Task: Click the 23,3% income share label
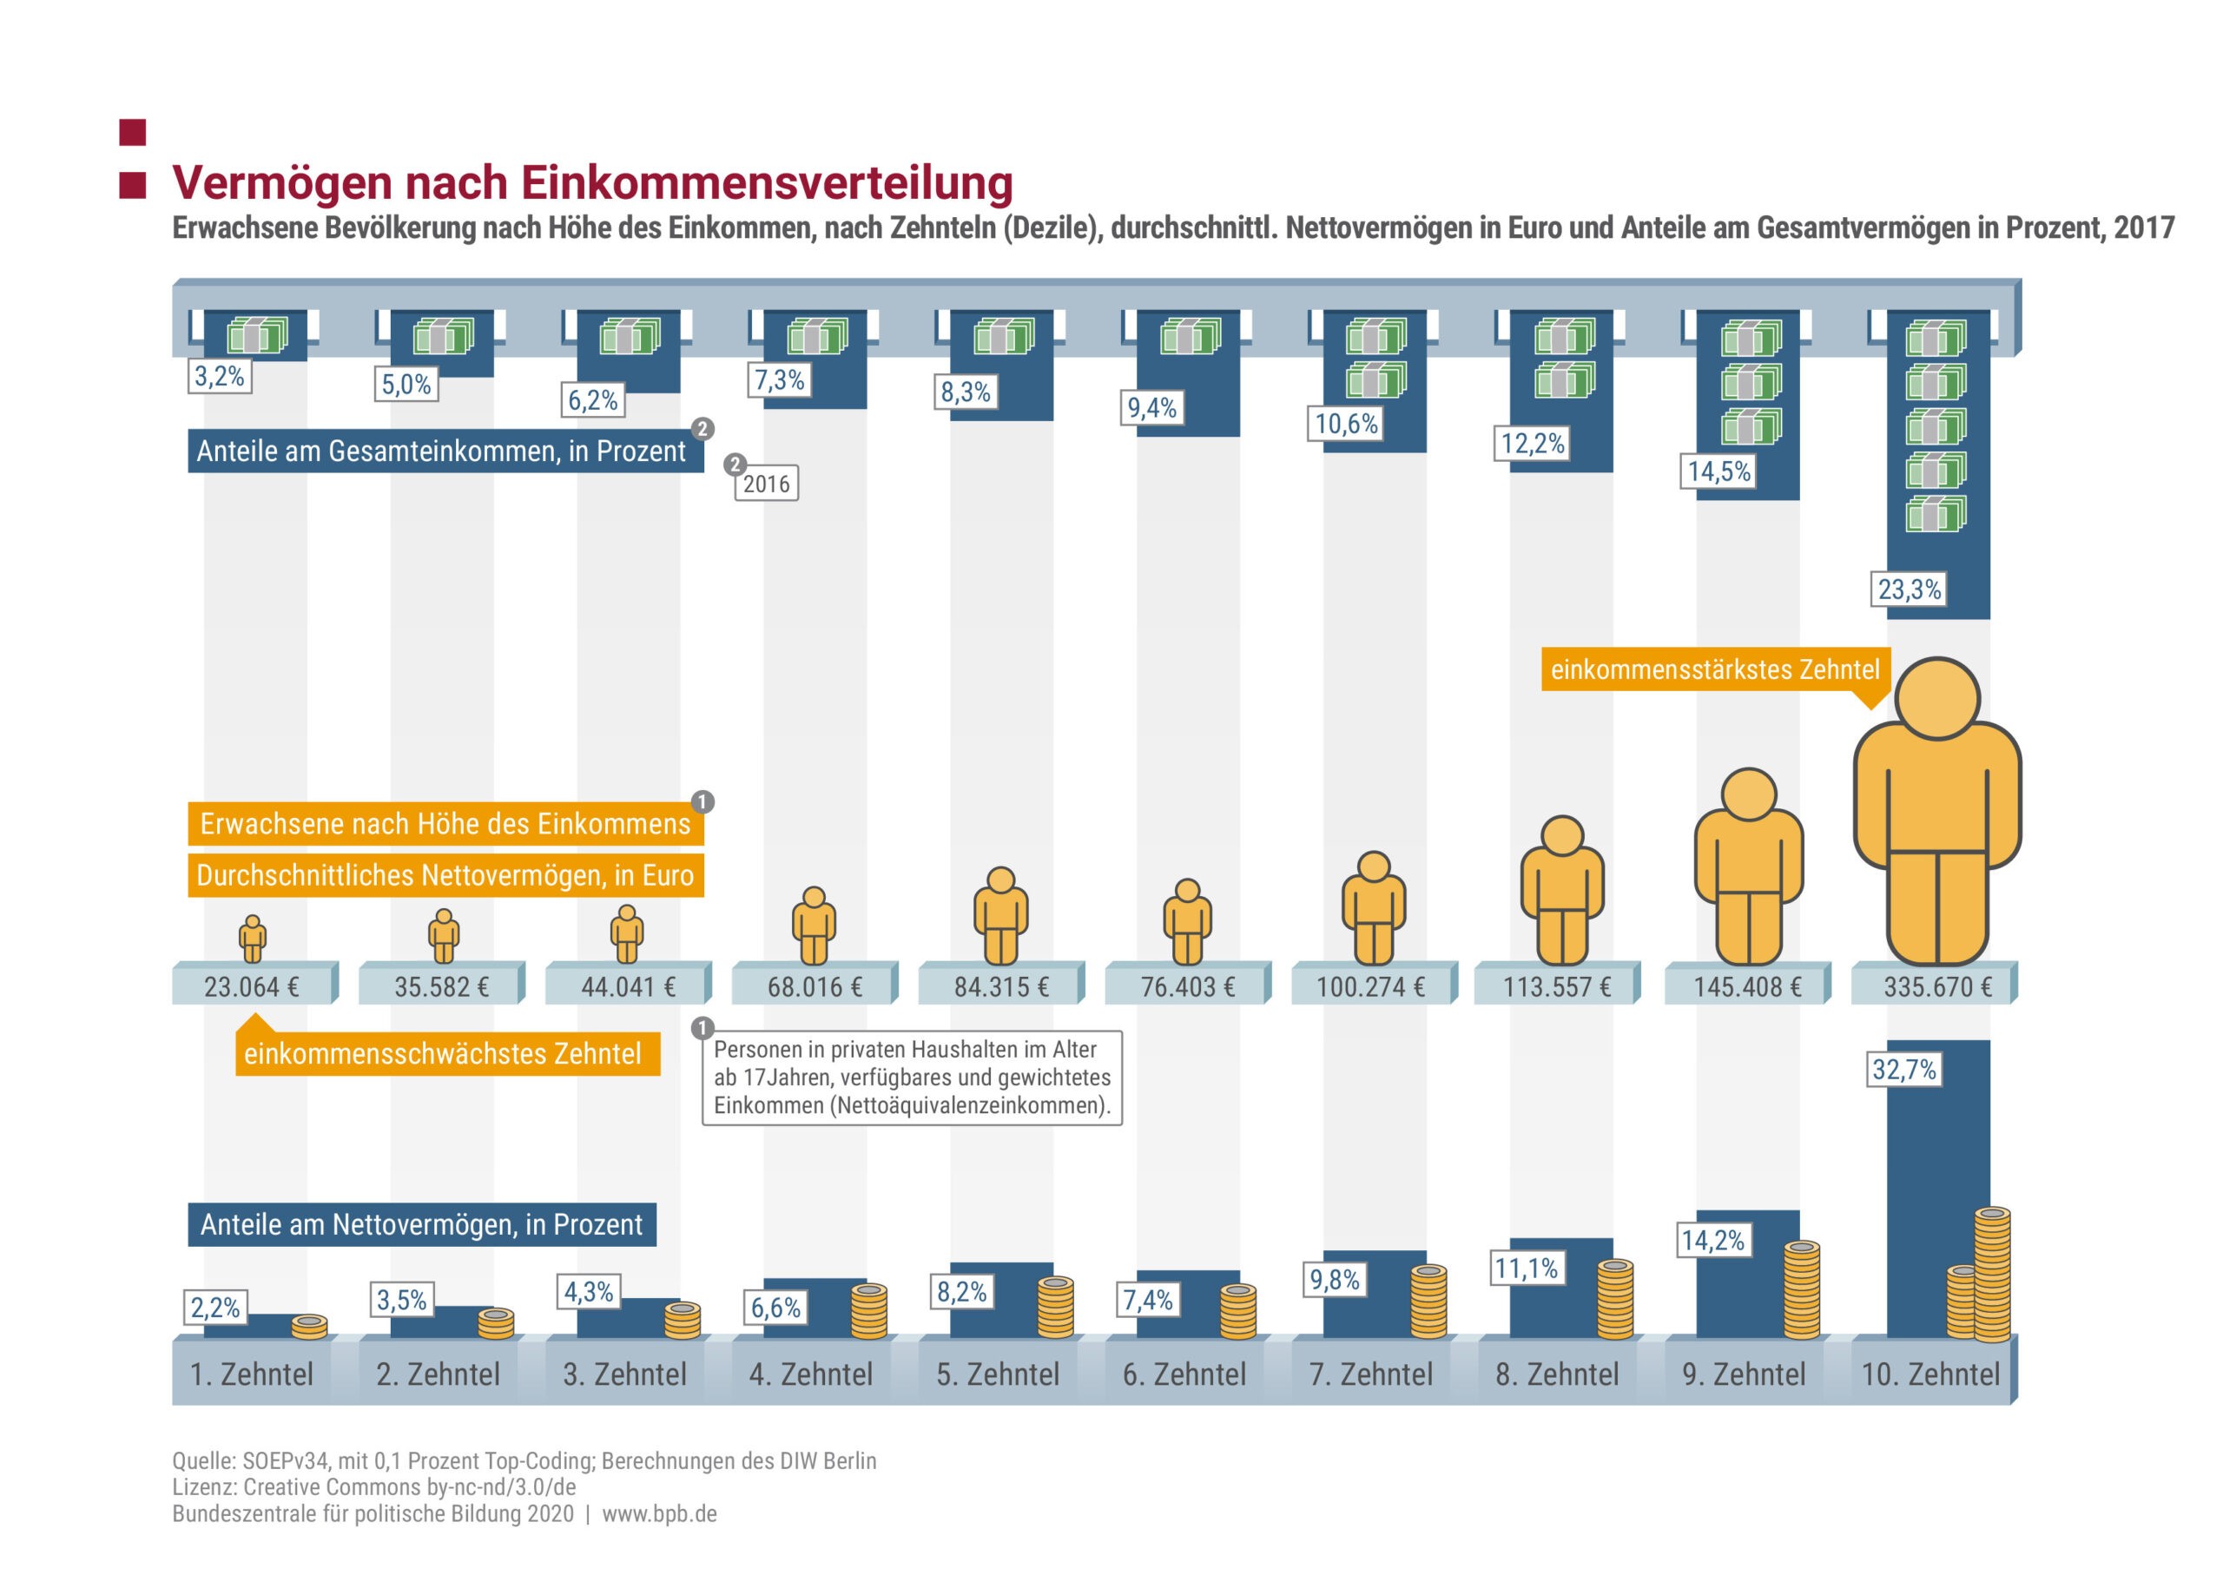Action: (x=1909, y=590)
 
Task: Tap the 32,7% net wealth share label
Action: (x=1904, y=1070)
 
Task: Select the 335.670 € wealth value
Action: (x=1937, y=987)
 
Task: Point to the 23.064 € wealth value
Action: (x=251, y=987)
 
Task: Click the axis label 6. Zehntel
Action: (x=1184, y=1374)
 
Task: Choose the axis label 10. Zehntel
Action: (x=1930, y=1374)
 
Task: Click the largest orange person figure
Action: (x=1937, y=814)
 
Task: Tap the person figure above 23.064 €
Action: (x=252, y=938)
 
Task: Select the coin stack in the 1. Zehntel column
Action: (x=309, y=1326)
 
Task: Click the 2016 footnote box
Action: (x=766, y=484)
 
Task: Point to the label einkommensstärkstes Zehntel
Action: (x=1715, y=669)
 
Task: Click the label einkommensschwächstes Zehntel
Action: (x=443, y=1054)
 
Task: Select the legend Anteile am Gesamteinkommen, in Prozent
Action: (x=441, y=451)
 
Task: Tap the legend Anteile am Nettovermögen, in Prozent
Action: (x=421, y=1225)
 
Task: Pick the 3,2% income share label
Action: (x=219, y=376)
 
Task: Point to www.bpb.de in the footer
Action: (x=660, y=1514)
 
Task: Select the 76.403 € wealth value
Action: (x=1187, y=987)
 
